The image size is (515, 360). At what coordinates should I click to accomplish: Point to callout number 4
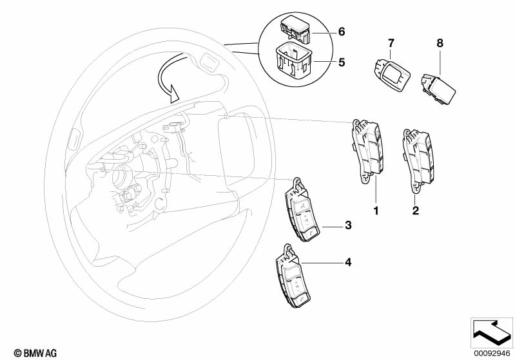pos(347,262)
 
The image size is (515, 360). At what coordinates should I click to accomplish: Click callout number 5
pos(342,63)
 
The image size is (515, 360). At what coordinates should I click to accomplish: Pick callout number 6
pos(342,32)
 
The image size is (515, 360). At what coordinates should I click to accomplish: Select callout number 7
pos(390,43)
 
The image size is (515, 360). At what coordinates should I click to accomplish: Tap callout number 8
pos(440,43)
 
